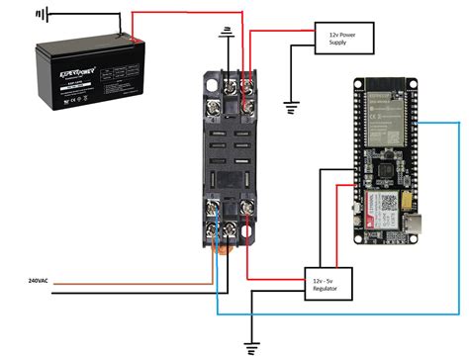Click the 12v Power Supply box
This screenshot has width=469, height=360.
(339, 39)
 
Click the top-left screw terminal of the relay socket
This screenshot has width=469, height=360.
(215, 101)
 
